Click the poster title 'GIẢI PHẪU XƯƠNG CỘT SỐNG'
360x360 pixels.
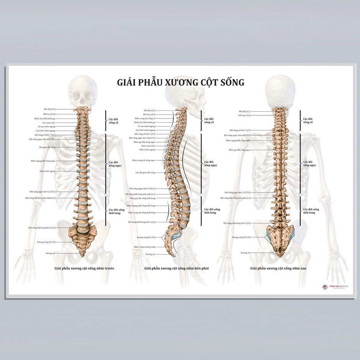(x=180, y=82)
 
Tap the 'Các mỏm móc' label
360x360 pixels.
(x=49, y=123)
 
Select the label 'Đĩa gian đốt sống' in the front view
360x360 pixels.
(x=48, y=147)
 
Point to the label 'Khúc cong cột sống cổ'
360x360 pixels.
(x=145, y=118)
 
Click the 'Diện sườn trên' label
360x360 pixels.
(x=148, y=146)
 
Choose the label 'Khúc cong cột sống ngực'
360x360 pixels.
(x=144, y=160)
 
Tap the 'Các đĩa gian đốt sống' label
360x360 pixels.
(x=145, y=173)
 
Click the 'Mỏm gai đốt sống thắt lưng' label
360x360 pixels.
(x=142, y=198)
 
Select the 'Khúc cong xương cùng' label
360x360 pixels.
(x=145, y=247)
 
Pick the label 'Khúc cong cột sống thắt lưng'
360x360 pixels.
(x=142, y=212)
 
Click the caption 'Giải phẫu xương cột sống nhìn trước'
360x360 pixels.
(x=84, y=268)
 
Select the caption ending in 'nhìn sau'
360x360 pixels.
(x=278, y=268)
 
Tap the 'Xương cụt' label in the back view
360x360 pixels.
(x=245, y=253)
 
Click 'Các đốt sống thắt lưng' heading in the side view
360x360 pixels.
(x=212, y=211)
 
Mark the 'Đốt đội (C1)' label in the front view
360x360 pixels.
(x=49, y=109)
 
